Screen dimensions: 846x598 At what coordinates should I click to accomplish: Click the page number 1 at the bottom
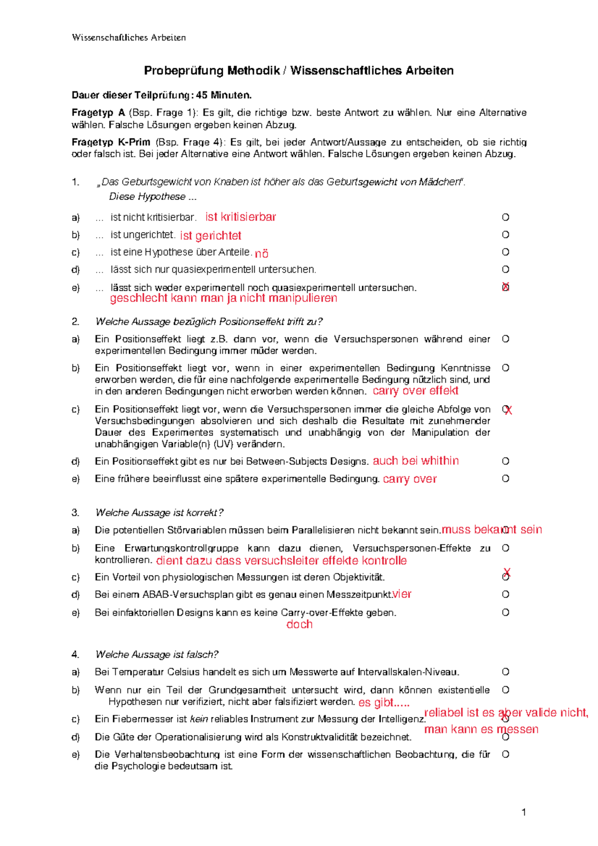point(524,813)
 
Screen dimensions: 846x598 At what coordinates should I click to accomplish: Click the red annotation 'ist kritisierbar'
point(241,217)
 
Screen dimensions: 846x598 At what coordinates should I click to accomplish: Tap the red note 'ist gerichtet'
point(211,235)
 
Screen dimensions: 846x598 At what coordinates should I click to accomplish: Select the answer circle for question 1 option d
point(505,270)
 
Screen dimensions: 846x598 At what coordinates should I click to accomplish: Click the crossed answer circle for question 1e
point(505,287)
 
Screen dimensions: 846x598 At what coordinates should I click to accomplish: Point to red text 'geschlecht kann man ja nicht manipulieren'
point(223,298)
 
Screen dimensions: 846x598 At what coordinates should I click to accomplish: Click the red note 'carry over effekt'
point(416,391)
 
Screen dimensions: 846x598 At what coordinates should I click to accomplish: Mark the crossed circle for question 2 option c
point(506,410)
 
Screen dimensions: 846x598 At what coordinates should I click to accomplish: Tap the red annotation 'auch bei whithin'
point(416,461)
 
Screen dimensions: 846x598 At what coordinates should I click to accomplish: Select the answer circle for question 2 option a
point(505,339)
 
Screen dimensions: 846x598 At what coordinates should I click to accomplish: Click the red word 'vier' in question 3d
point(402,594)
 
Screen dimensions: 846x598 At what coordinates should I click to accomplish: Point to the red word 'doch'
point(299,624)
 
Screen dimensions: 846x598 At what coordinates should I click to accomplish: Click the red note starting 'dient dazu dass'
point(282,561)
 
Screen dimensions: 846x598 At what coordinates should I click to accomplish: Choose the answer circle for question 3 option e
point(505,612)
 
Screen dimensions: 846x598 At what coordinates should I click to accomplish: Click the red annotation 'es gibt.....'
point(384,703)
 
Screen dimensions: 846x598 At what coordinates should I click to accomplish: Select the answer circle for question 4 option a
point(505,672)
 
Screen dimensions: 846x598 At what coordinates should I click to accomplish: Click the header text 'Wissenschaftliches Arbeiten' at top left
point(129,37)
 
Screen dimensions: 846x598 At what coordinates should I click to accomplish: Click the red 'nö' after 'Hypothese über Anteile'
point(262,253)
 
